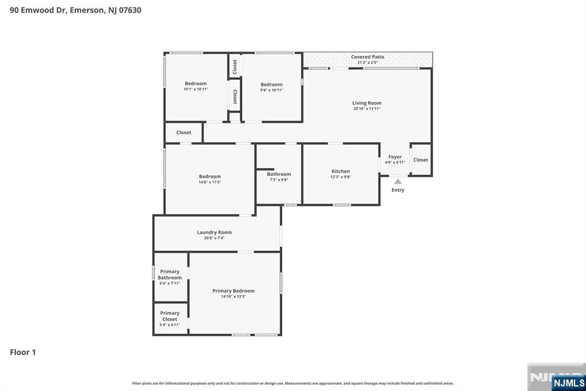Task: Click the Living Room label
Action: [367, 103]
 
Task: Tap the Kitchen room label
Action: [340, 171]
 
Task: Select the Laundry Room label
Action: [214, 232]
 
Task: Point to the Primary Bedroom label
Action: [233, 291]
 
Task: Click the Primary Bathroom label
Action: [169, 275]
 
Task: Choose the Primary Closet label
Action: [169, 316]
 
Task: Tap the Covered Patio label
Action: [367, 57]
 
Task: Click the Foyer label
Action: [395, 157]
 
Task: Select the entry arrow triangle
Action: [398, 182]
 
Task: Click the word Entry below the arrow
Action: [398, 190]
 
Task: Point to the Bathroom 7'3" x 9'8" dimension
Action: [279, 180]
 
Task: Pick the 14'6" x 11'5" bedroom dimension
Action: [210, 182]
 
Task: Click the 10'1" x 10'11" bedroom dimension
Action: [196, 89]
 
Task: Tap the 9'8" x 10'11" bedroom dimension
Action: [272, 90]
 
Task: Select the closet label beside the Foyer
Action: [421, 160]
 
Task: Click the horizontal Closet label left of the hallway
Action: [184, 132]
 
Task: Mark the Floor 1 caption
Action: [23, 352]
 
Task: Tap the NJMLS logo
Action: [568, 383]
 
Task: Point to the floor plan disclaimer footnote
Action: [293, 383]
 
